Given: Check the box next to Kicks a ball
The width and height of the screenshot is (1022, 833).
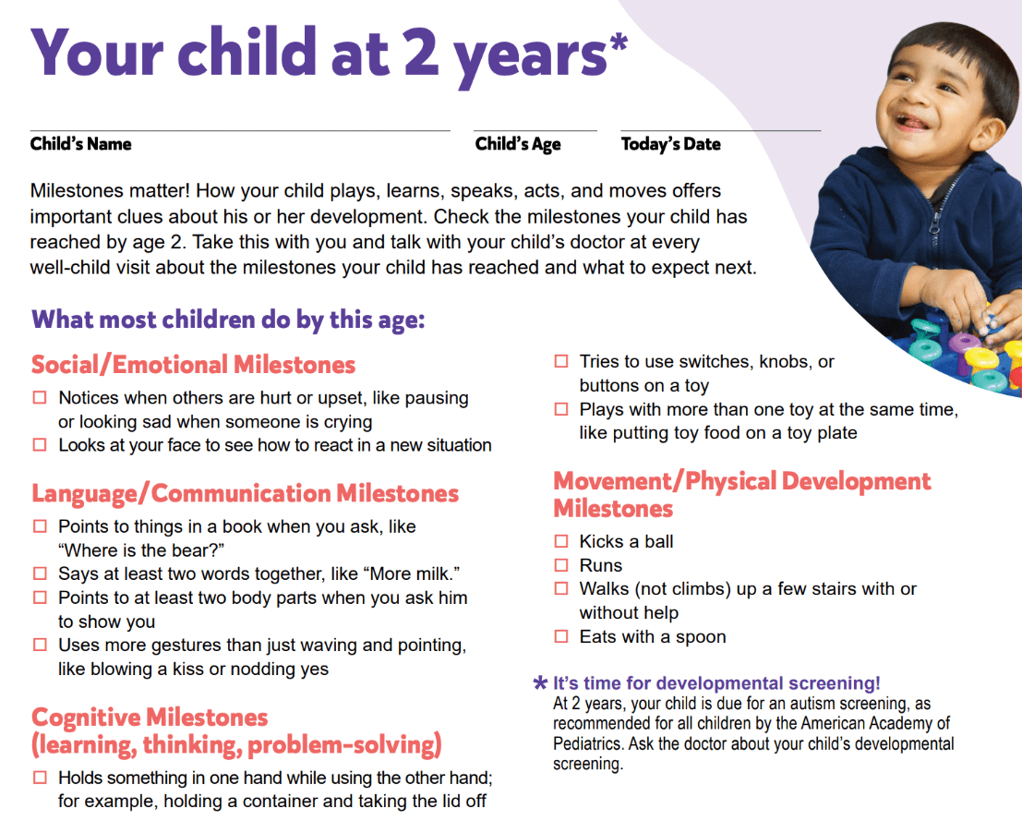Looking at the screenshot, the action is pyautogui.click(x=560, y=541).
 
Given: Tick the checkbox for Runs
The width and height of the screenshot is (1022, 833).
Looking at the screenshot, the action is pyautogui.click(x=560, y=564).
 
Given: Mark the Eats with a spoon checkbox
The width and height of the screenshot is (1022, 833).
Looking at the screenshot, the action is pyautogui.click(x=560, y=636).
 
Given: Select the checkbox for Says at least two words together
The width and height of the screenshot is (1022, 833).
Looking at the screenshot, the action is pyautogui.click(x=40, y=573).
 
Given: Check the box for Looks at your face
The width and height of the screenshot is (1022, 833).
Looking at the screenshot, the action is pyautogui.click(x=40, y=444).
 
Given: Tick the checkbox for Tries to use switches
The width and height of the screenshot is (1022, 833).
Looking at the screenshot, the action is pyautogui.click(x=560, y=361).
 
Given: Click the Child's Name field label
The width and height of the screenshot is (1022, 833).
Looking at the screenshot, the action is pyautogui.click(x=81, y=144).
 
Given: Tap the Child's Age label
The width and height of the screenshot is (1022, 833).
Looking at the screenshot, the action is pyautogui.click(x=518, y=144).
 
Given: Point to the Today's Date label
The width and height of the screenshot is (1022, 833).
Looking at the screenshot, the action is pyautogui.click(x=670, y=144).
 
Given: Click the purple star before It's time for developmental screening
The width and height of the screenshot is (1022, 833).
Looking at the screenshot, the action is pyautogui.click(x=540, y=683).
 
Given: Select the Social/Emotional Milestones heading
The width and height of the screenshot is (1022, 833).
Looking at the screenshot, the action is pyautogui.click(x=194, y=365).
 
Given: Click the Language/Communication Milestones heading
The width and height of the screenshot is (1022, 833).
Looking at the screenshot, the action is pyautogui.click(x=245, y=493).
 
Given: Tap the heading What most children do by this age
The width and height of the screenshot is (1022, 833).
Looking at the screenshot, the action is pyautogui.click(x=228, y=320).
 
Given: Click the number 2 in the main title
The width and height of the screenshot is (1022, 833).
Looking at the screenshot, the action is pyautogui.click(x=420, y=52).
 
